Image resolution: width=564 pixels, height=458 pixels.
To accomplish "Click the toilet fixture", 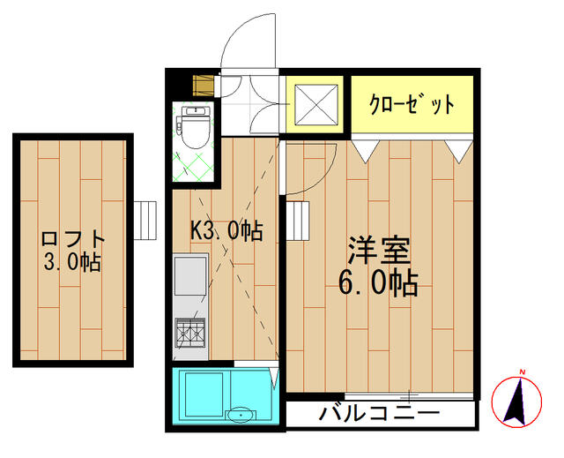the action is coord(195,127).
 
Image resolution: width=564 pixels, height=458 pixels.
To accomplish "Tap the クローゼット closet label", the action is coord(412,104).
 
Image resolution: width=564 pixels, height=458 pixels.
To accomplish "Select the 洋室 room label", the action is coord(379,250).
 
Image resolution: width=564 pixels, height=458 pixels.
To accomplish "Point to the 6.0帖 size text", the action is coord(378,282).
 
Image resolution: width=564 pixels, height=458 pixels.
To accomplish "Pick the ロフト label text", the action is coord(73,238).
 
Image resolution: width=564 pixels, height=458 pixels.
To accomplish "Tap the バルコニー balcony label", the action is coord(380,413).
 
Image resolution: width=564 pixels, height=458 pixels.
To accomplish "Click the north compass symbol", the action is coord(516,401).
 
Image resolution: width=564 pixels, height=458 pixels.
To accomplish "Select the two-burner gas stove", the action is coord(190,333).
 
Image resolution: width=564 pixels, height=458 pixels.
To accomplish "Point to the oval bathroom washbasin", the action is coord(241,415).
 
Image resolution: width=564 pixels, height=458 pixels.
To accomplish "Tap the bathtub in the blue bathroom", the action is coord(204,394).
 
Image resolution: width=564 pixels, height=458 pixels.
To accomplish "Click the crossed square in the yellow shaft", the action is coord(316,105).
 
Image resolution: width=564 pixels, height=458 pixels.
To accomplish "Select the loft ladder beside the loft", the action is coord(145,221).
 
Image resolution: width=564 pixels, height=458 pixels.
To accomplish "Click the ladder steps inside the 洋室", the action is coord(298,221).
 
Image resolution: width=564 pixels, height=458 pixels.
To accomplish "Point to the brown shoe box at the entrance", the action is coord(204,86).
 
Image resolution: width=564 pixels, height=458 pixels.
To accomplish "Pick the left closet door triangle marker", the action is coord(366,151).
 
